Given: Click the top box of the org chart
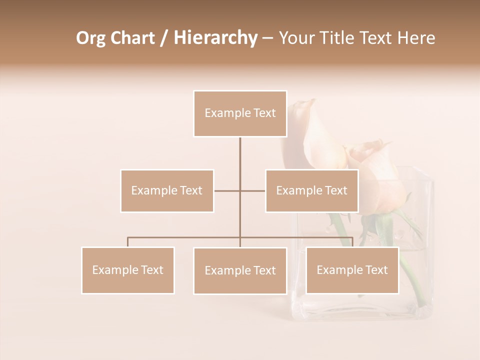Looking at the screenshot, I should (x=240, y=113).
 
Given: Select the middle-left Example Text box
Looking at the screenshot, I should (x=167, y=190).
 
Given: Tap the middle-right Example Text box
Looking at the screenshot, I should (x=311, y=190).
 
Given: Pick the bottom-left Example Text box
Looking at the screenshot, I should (x=128, y=270).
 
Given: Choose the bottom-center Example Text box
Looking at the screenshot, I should (x=240, y=270).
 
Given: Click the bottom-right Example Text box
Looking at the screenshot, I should (x=352, y=270).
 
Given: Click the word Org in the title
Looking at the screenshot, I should (x=90, y=38).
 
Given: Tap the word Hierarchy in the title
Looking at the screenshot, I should (x=215, y=38).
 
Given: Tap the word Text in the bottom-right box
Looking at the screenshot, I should (x=376, y=270).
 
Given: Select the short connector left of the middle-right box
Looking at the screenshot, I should (x=253, y=190).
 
